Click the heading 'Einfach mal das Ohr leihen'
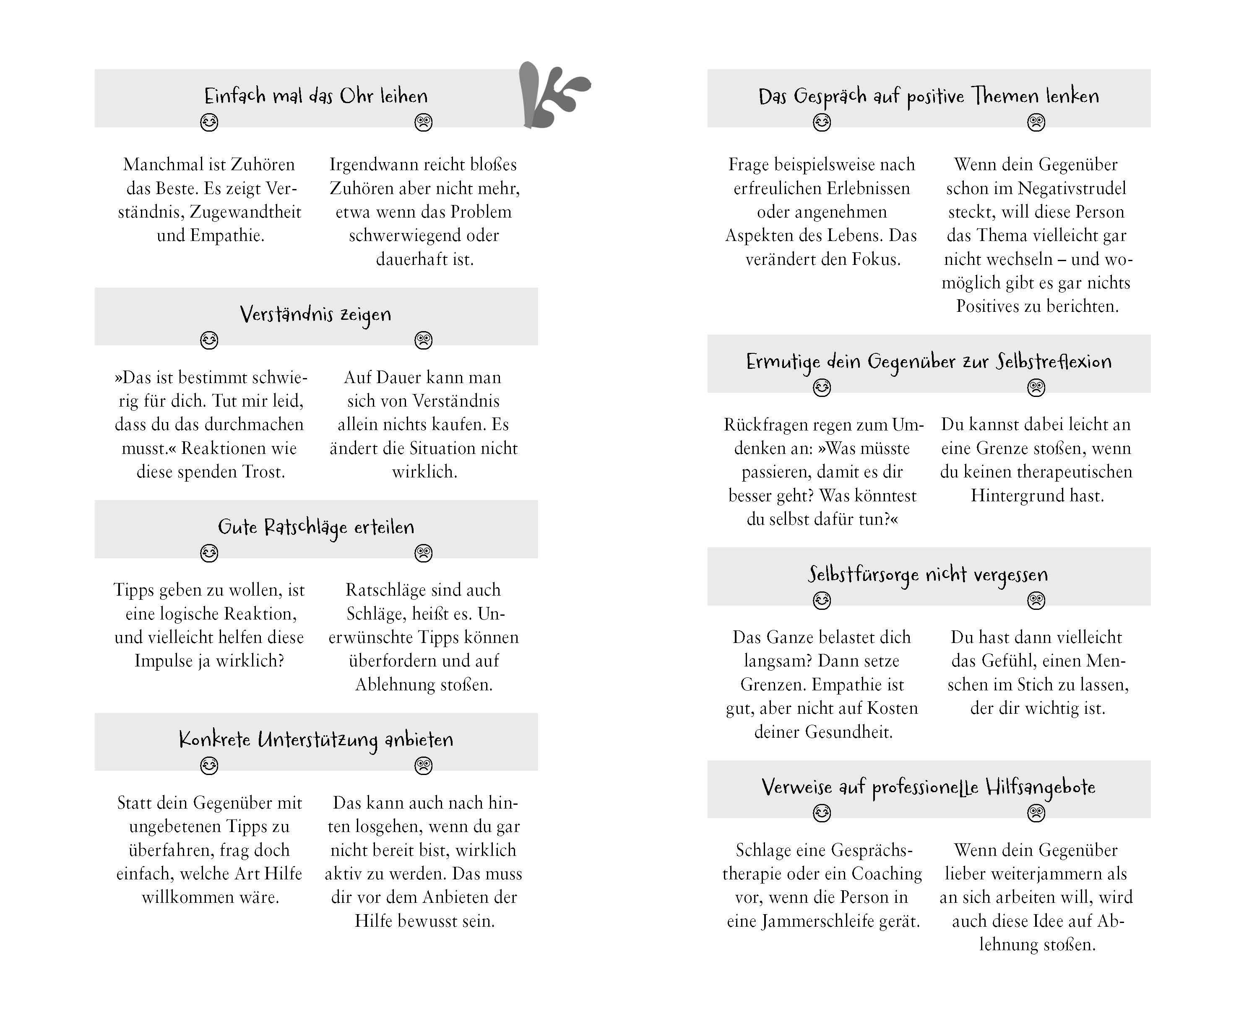click(x=316, y=96)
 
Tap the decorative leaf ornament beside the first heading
click(x=548, y=95)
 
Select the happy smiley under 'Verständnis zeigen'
click(x=209, y=340)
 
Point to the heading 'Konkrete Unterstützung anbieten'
click(x=316, y=740)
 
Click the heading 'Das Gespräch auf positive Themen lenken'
click(x=928, y=96)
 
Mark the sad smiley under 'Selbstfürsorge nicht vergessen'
click(x=1036, y=601)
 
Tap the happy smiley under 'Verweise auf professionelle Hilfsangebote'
click(x=822, y=814)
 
